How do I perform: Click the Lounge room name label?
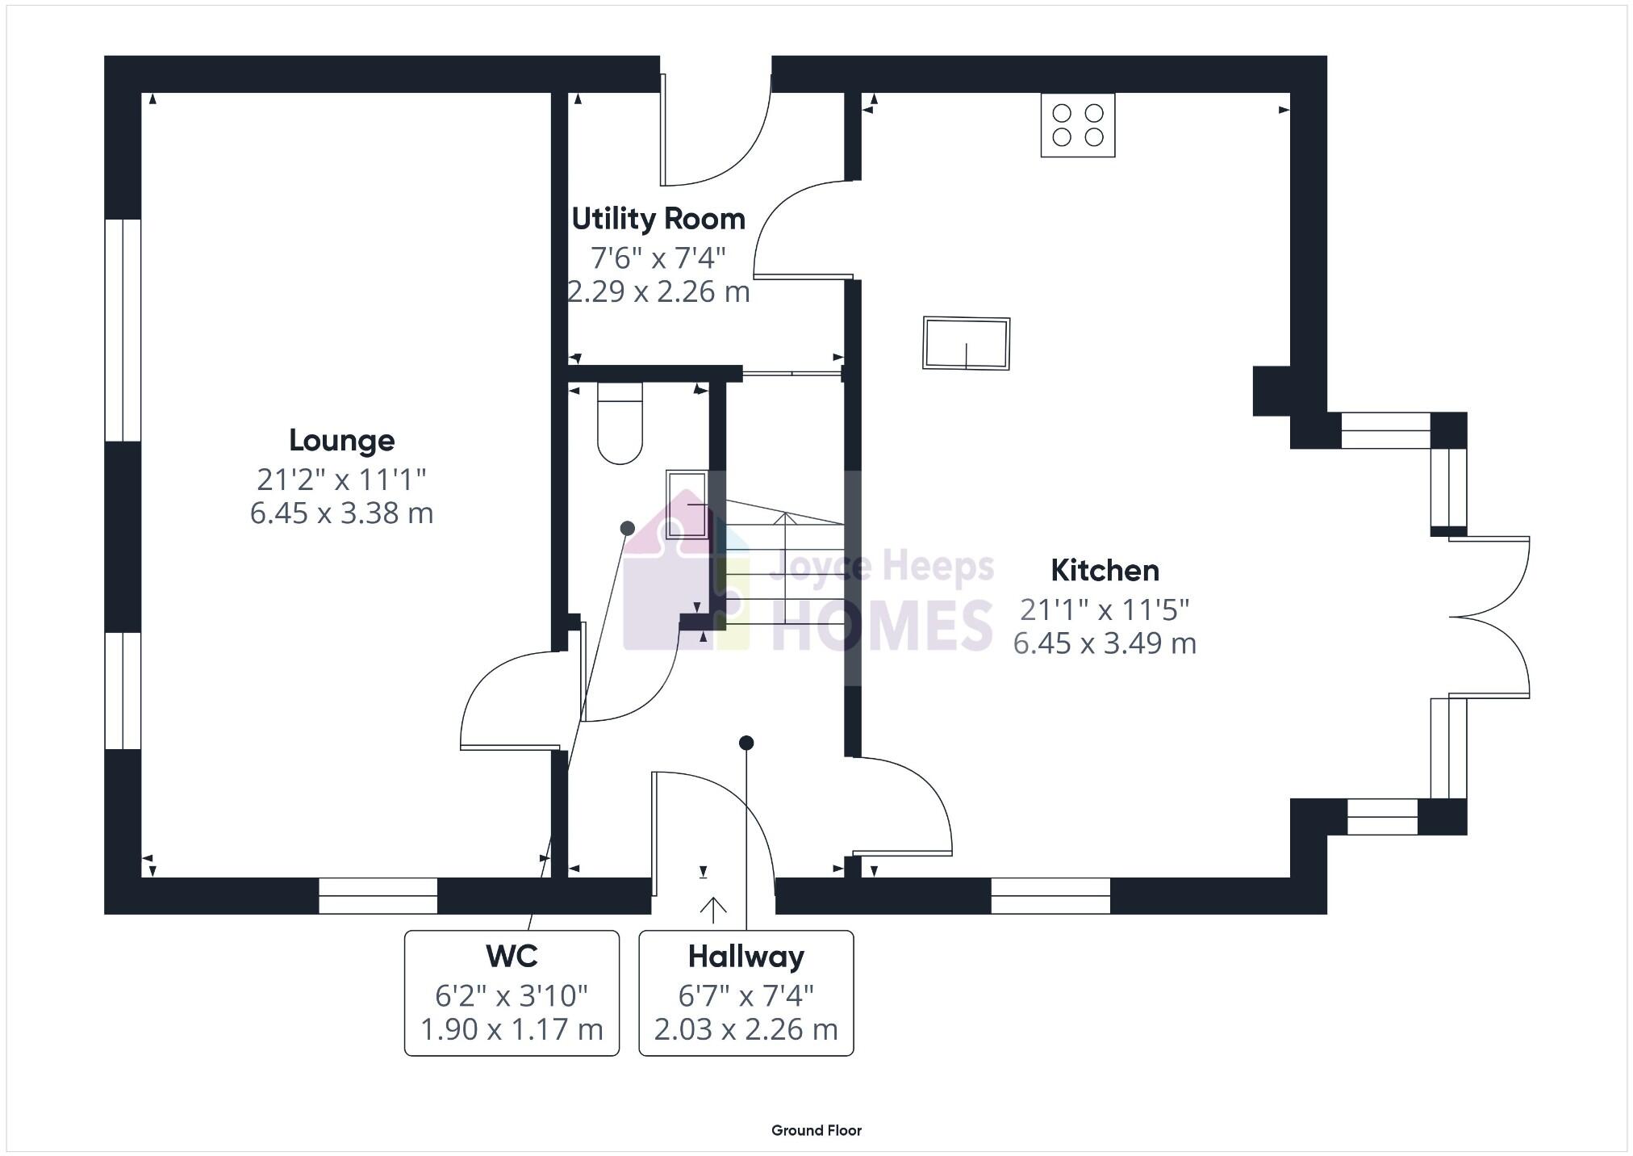point(341,441)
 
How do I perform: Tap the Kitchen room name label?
point(1105,571)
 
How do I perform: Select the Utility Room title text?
point(658,219)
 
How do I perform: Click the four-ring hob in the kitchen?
point(1077,125)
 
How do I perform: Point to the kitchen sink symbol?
point(967,343)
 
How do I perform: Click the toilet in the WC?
point(620,425)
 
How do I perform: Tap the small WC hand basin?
point(687,505)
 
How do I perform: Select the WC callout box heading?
point(512,957)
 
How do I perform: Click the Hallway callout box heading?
point(745,957)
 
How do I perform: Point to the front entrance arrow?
point(712,910)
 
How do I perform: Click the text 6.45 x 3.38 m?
point(341,513)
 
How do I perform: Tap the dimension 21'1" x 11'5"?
point(1105,610)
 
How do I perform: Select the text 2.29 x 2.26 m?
point(658,291)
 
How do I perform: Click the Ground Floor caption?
point(816,1130)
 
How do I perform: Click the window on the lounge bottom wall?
point(378,896)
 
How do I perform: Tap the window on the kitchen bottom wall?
point(1050,896)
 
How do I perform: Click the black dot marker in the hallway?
point(746,742)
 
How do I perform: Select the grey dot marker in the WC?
point(627,528)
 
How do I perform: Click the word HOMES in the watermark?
point(882,625)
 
